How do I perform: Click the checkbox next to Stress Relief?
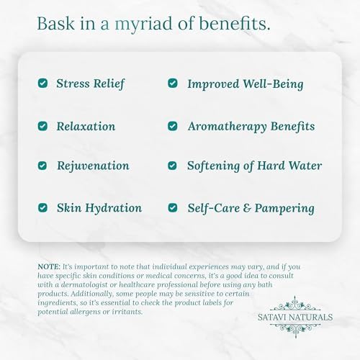coord(43,84)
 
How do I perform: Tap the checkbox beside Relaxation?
coord(43,126)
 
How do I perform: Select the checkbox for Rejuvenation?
coord(43,166)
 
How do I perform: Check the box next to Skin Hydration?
coord(43,208)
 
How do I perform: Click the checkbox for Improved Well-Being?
coord(173,84)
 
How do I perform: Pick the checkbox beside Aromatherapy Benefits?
coord(173,126)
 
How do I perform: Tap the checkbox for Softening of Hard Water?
coord(173,166)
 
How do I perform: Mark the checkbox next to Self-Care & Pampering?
coord(173,208)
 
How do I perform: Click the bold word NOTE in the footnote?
coord(50,266)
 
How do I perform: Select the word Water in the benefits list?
coord(305,166)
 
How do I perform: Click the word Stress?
coord(73,84)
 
